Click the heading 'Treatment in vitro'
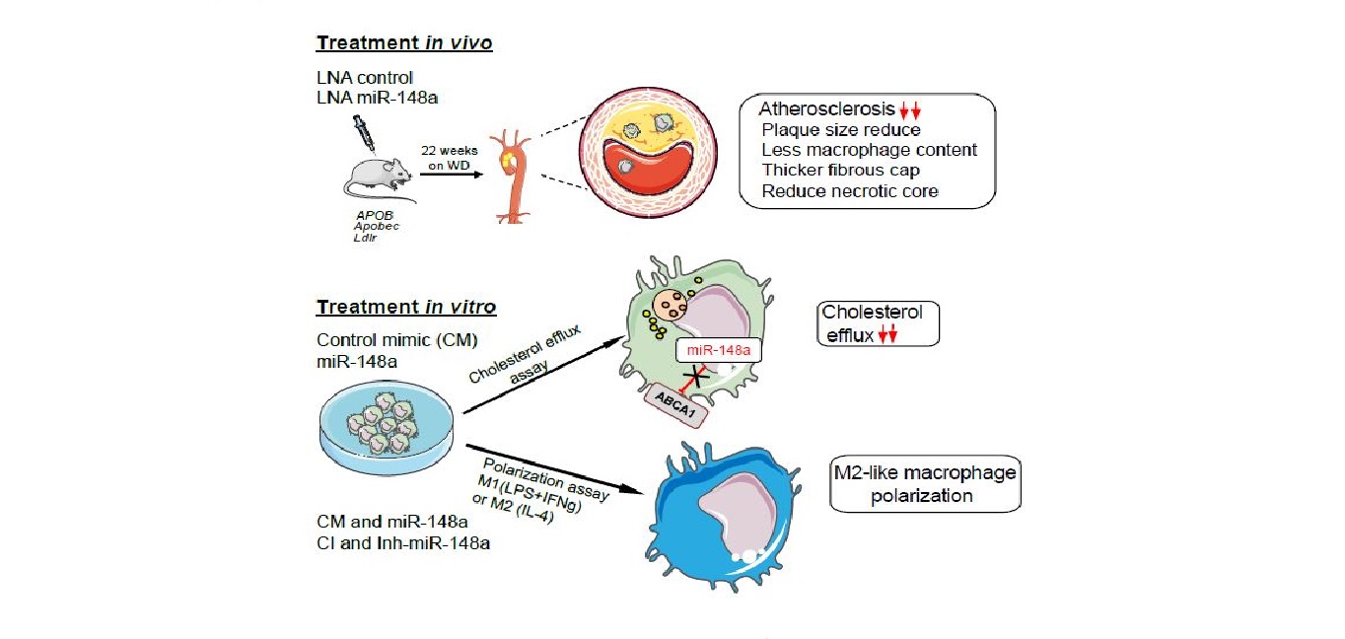click(405, 307)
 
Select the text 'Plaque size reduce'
click(840, 129)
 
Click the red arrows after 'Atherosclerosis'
click(909, 110)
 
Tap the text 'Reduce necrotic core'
click(849, 190)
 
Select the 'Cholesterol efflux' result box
click(879, 323)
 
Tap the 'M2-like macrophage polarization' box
click(923, 483)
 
